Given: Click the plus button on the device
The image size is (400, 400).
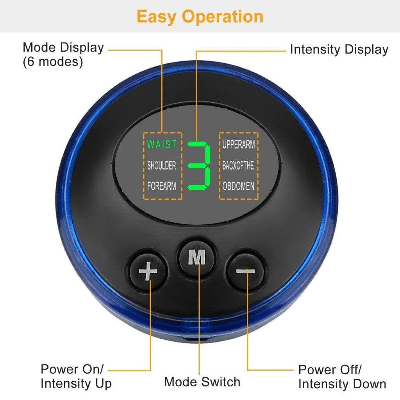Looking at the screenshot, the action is (148, 271).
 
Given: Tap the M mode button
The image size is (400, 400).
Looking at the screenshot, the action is (196, 257).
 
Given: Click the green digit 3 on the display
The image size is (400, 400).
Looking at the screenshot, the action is (199, 166).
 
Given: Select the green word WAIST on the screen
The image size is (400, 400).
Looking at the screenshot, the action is (162, 145).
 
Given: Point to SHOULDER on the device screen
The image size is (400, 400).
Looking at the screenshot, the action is (161, 166).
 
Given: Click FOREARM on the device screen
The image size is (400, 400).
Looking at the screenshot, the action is (161, 186).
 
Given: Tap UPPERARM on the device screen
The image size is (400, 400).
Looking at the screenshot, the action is (239, 145).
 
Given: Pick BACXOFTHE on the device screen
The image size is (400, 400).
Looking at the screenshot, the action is (238, 166).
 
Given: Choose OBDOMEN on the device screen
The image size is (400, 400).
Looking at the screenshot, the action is (238, 186).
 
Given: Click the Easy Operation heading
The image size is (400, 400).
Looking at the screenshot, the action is (200, 16).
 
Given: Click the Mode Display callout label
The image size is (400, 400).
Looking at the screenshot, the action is (63, 48).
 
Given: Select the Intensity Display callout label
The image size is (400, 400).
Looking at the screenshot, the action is (339, 50).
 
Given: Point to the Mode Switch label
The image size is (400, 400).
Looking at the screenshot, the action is (202, 382).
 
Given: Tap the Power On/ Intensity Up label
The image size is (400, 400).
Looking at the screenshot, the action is (76, 376).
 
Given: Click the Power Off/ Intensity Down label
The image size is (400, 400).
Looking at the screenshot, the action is (342, 377).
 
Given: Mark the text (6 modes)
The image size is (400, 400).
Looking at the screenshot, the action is (53, 62).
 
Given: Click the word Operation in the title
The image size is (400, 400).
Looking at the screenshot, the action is (222, 17).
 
